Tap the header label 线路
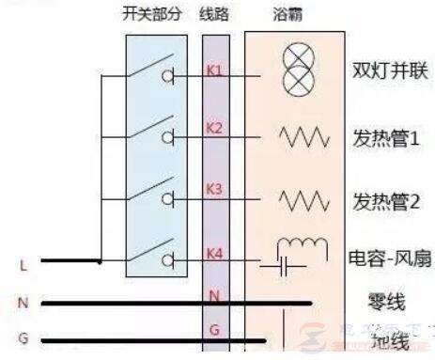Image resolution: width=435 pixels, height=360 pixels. coord(214,15)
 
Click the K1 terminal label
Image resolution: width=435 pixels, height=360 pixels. coord(214,71)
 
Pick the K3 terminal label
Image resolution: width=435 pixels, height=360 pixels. coord(214,188)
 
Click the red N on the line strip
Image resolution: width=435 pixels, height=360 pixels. coord(214,296)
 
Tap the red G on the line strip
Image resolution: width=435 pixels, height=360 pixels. coord(214,330)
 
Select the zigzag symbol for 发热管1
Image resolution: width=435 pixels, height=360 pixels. coord(303,137)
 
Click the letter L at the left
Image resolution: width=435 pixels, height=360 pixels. coord(23,266)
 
